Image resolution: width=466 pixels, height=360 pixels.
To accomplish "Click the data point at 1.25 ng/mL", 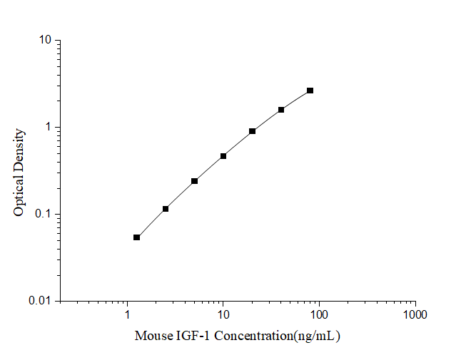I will click(x=136, y=237).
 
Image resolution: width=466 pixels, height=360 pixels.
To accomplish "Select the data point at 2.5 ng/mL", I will click(x=166, y=209).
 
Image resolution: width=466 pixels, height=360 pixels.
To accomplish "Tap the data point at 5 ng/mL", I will click(x=194, y=181).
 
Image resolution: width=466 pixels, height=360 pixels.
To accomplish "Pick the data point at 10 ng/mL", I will click(x=223, y=156).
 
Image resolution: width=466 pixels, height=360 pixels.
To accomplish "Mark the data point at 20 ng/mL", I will click(x=253, y=131).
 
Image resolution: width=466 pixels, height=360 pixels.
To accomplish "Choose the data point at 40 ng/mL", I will click(x=281, y=110).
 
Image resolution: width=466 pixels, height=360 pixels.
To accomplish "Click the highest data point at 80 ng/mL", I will click(x=310, y=91).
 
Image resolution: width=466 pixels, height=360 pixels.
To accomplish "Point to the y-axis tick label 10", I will click(x=45, y=41).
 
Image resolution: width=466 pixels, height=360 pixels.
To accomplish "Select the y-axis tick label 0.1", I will click(x=44, y=215).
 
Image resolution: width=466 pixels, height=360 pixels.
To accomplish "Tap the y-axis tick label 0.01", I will click(x=41, y=302).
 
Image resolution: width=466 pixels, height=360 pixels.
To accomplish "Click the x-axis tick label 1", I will click(x=128, y=314).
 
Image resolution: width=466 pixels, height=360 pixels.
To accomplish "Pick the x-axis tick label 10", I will click(x=223, y=314).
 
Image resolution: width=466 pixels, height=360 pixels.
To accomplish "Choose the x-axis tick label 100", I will click(x=319, y=314).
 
